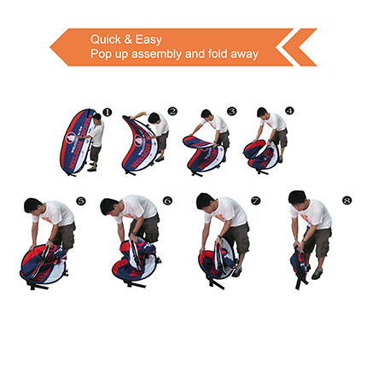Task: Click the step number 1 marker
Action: click(108, 112)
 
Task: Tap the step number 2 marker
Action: click(172, 111)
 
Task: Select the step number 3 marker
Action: click(232, 111)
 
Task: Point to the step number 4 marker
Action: click(289, 111)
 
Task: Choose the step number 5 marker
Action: click(81, 201)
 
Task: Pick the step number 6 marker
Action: click(167, 201)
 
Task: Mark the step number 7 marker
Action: click(255, 201)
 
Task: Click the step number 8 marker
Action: click(347, 201)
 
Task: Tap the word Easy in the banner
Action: click(149, 40)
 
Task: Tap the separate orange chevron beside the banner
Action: click(301, 47)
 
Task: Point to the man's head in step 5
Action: click(33, 207)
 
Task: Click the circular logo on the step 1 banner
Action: click(72, 137)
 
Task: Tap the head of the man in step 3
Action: click(207, 115)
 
